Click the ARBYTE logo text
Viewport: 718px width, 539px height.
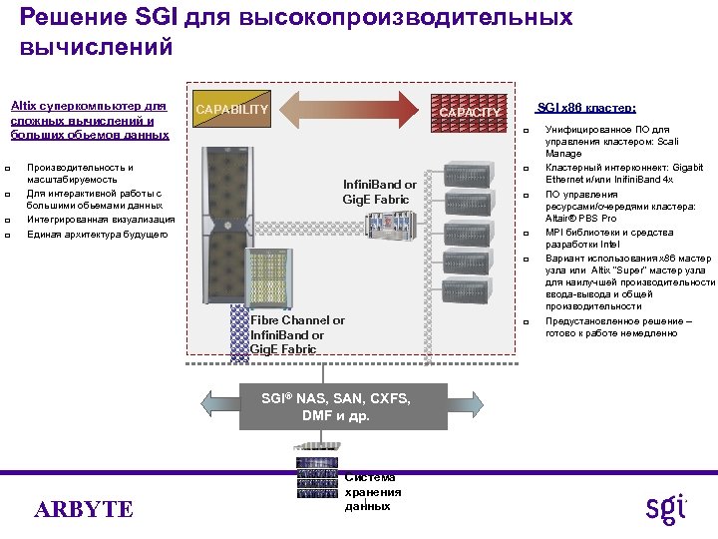pyautogui.click(x=84, y=510)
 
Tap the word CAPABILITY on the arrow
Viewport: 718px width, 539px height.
pyautogui.click(x=231, y=109)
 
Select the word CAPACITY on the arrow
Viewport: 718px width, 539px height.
pyautogui.click(x=470, y=113)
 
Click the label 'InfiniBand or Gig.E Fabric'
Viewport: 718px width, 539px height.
pyautogui.click(x=380, y=192)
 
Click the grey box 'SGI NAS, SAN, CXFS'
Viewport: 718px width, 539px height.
pyautogui.click(x=336, y=406)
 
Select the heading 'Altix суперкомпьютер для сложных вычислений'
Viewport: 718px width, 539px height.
pyautogui.click(x=89, y=119)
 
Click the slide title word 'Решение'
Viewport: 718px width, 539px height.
pyautogui.click(x=62, y=18)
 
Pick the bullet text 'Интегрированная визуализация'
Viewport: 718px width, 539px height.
pyautogui.click(x=101, y=219)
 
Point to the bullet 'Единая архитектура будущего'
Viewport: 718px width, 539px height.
pyautogui.click(x=101, y=235)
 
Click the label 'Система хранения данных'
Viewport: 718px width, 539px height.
pyautogui.click(x=372, y=491)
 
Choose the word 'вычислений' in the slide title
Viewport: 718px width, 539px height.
pyautogui.click(x=96, y=47)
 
